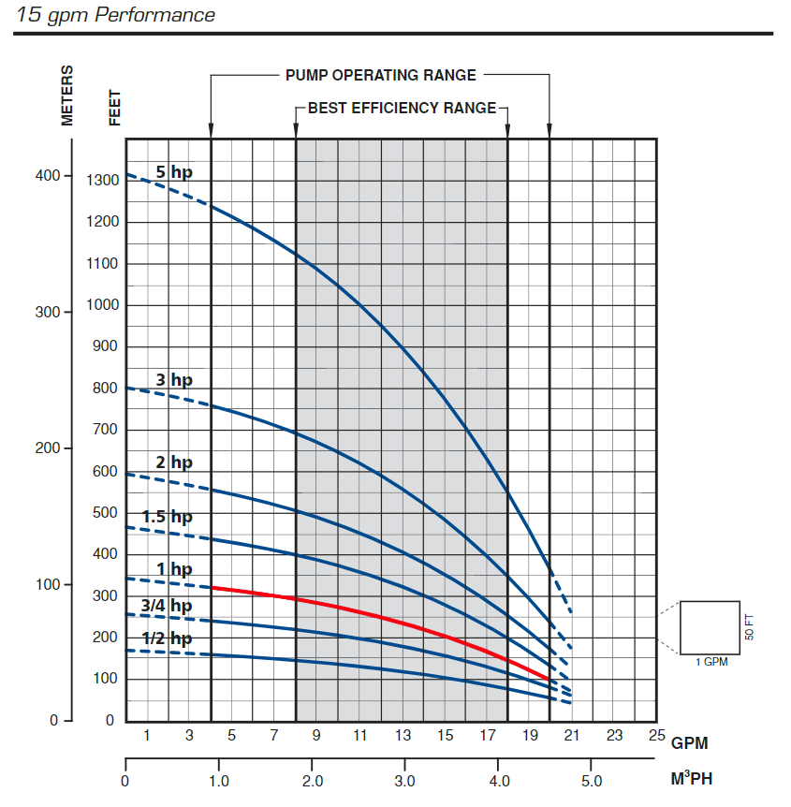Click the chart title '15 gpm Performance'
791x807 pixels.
pyautogui.click(x=116, y=15)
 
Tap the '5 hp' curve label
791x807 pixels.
pyautogui.click(x=174, y=171)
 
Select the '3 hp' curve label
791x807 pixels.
pyautogui.click(x=174, y=379)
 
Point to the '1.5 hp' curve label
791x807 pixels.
pyautogui.click(x=167, y=517)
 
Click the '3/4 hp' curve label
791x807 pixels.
pyautogui.click(x=166, y=606)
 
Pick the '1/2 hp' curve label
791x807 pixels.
pyautogui.click(x=166, y=638)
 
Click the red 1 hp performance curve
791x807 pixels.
pyautogui.click(x=374, y=612)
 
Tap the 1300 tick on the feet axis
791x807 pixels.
pyautogui.click(x=102, y=180)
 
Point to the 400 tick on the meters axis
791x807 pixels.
pyautogui.click(x=48, y=176)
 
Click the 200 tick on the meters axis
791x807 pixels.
pyautogui.click(x=48, y=448)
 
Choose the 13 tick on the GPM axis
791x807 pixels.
pyautogui.click(x=402, y=736)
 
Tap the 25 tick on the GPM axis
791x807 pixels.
pyautogui.click(x=655, y=736)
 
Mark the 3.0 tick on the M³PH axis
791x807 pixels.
pyautogui.click(x=404, y=780)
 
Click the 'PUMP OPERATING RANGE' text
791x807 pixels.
pyautogui.click(x=380, y=75)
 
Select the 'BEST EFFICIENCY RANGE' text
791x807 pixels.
pyautogui.click(x=403, y=108)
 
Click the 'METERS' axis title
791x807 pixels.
pyautogui.click(x=67, y=95)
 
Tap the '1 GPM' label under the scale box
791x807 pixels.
pyautogui.click(x=710, y=662)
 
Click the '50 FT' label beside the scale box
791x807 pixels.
pyautogui.click(x=749, y=627)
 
